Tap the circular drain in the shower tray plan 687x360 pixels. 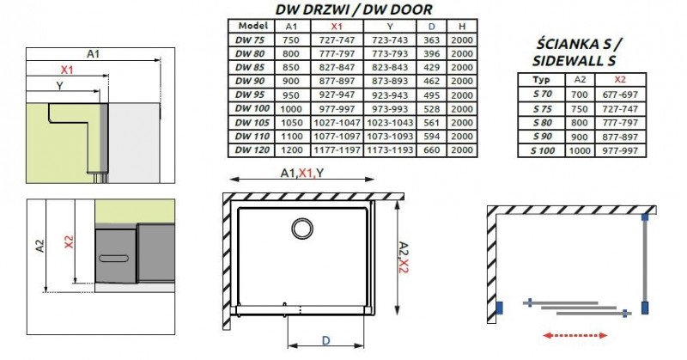301,229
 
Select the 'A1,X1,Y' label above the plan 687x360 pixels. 301,174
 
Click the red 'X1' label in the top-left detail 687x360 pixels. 68,69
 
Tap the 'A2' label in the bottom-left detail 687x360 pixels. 39,247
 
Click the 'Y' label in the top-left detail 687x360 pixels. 58,86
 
